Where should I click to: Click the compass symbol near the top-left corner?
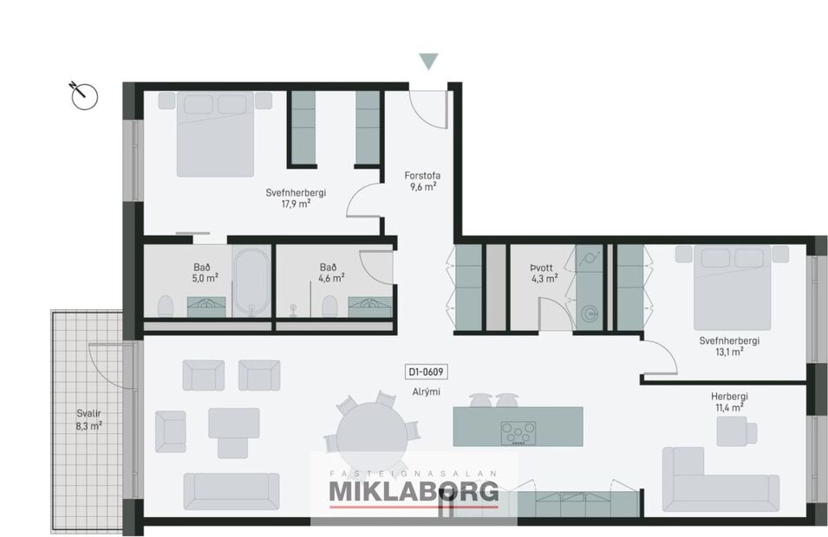[x=81, y=93]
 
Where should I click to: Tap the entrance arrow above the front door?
[x=428, y=61]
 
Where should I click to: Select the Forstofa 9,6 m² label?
[x=421, y=179]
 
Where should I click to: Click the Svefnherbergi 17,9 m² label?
[x=296, y=198]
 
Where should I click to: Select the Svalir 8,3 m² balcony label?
[x=88, y=419]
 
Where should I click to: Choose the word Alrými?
[x=426, y=391]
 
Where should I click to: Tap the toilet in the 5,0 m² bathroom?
[x=166, y=304]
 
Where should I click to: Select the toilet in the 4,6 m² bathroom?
[x=329, y=305]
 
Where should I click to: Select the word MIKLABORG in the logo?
[x=414, y=491]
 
